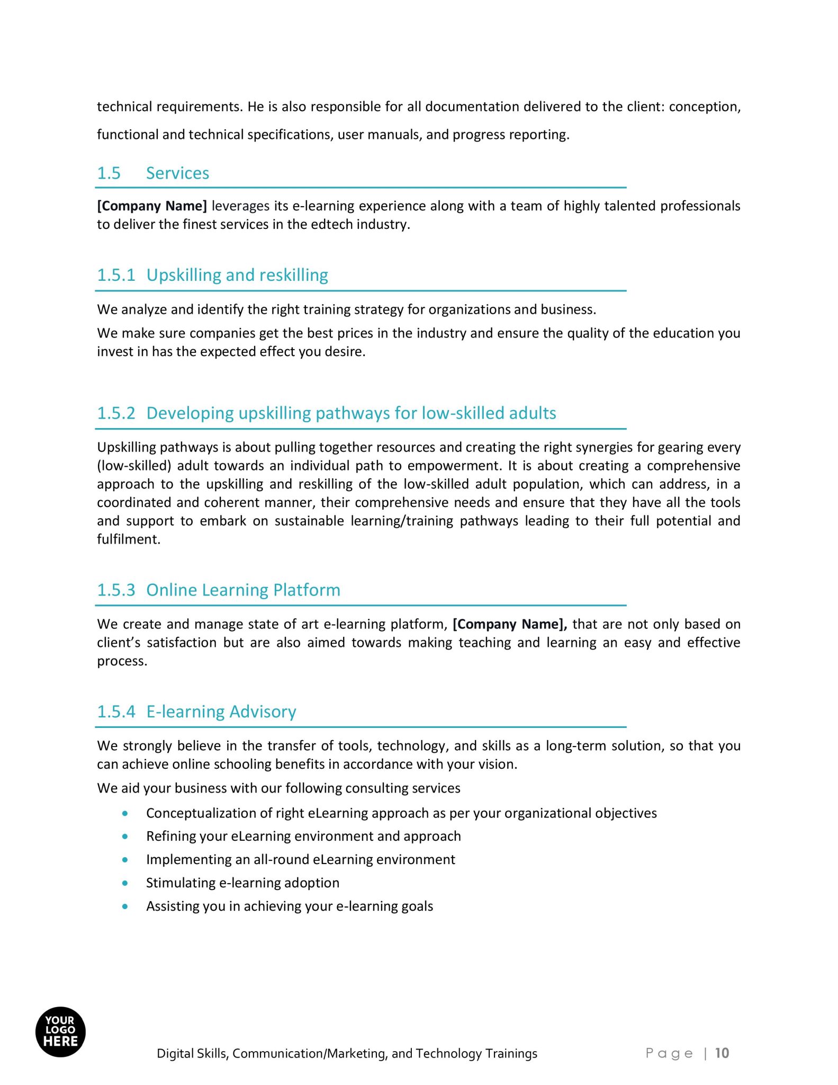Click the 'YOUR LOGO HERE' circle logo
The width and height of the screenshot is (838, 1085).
[x=60, y=1031]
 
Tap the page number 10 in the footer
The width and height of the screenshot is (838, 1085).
[x=722, y=1053]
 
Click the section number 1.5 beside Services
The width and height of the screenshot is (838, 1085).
[x=109, y=173]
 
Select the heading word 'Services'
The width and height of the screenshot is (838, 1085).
[x=177, y=173]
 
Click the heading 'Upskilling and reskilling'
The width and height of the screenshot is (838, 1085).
[x=237, y=275]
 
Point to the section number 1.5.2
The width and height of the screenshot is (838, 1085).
[x=116, y=413]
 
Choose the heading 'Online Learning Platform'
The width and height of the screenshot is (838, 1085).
[x=243, y=590]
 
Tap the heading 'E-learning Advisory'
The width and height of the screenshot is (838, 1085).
[x=221, y=712]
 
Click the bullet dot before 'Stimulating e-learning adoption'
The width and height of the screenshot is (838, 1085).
[x=125, y=883]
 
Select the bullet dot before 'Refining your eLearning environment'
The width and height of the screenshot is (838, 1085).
[x=125, y=837]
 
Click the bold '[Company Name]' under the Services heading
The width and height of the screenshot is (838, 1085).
[x=152, y=206]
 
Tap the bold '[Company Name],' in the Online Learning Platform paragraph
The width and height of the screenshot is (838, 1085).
[x=509, y=624]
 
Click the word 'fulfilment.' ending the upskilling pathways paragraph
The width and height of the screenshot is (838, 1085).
[x=129, y=539]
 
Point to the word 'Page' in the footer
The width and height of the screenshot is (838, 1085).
[x=669, y=1053]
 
